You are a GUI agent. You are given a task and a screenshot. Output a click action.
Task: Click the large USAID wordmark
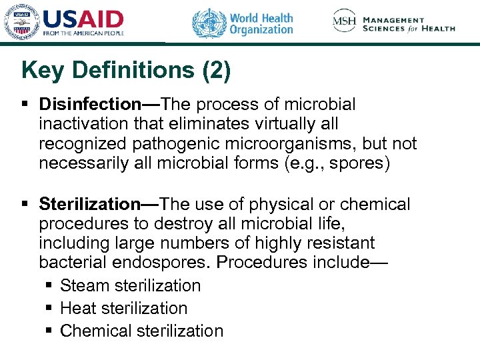(x=83, y=18)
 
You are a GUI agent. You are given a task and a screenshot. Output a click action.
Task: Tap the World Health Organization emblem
(x=209, y=23)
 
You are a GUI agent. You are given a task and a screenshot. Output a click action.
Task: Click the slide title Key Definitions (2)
(x=126, y=71)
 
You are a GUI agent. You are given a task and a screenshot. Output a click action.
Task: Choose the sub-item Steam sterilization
(x=130, y=285)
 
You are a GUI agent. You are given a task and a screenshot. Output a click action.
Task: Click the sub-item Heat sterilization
(x=123, y=308)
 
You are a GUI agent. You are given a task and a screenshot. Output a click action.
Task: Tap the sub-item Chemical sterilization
(x=141, y=331)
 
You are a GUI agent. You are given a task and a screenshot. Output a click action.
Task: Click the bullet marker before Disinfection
(x=25, y=105)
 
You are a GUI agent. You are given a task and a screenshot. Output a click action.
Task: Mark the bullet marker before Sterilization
(x=25, y=205)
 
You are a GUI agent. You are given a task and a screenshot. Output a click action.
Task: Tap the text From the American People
(x=83, y=32)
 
